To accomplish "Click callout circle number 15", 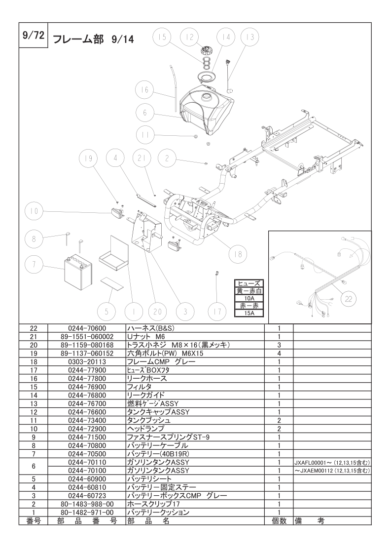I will (x=162, y=37).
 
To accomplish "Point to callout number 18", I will (x=238, y=254).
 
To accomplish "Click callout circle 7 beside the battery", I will (x=34, y=265).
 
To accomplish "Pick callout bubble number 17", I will (x=217, y=311).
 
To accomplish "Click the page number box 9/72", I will (x=33, y=36).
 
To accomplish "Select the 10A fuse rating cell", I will (x=249, y=298).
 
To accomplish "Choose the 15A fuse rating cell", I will (x=249, y=313).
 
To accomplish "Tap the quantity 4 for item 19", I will (x=279, y=353).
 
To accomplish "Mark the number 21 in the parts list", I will (x=34, y=336).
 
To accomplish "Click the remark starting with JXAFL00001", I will (x=331, y=463).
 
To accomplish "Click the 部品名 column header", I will (x=148, y=520).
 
